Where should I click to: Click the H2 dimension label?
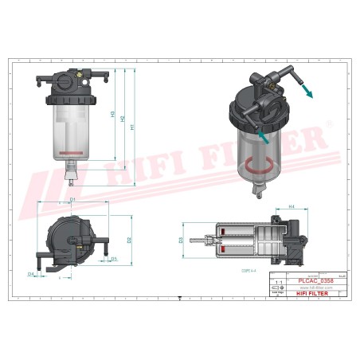(x=123, y=119)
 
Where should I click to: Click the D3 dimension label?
(x=181, y=240)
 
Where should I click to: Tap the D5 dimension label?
(x=114, y=259)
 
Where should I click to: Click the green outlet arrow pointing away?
(x=306, y=91)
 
